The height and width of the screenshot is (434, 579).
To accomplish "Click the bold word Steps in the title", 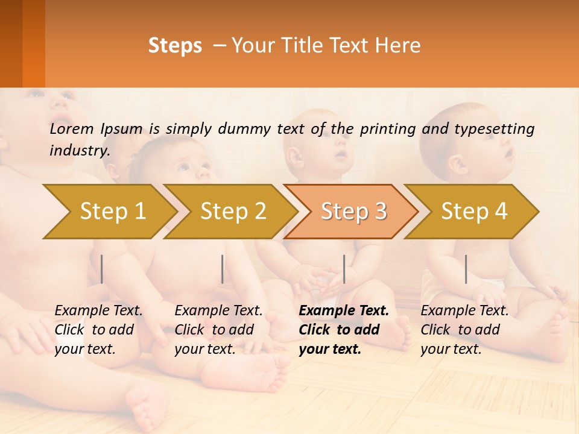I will (x=175, y=46).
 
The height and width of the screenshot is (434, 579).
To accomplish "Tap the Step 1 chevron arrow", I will (x=112, y=211).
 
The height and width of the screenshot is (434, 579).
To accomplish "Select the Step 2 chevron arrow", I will (x=233, y=211).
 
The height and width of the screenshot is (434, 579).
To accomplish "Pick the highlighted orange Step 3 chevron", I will (x=353, y=211).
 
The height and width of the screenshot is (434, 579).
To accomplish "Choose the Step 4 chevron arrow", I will (x=474, y=211).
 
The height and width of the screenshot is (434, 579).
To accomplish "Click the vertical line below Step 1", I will (x=102, y=269).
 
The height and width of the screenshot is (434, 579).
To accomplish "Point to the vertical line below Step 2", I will (x=223, y=269).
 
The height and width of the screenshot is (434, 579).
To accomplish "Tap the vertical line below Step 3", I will (x=344, y=269).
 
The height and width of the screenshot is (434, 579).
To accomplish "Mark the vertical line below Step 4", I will (x=466, y=269).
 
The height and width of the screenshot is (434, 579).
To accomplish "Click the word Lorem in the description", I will (x=72, y=128).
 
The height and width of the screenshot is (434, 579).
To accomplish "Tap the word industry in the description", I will (x=80, y=150).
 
